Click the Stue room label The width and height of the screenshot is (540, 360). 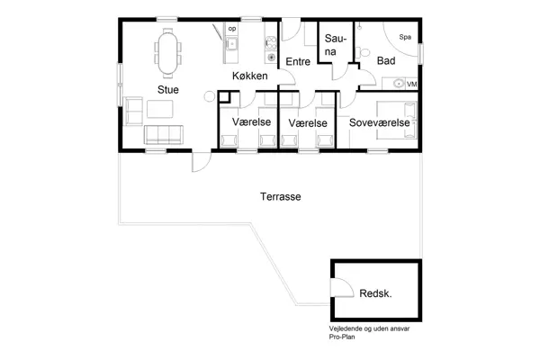(167, 89)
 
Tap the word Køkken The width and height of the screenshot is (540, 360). (249, 77)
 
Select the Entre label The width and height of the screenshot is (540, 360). (298, 61)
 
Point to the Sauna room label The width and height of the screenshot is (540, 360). (335, 46)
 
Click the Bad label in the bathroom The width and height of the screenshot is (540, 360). (386, 61)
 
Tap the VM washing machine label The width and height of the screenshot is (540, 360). (411, 84)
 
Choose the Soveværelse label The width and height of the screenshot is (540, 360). (380, 121)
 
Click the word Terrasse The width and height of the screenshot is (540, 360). (280, 196)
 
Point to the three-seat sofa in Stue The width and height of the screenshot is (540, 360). (164, 135)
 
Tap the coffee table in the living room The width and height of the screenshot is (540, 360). (162, 110)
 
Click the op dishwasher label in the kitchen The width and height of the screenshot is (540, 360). (231, 29)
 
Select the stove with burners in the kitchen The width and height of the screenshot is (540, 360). (270, 43)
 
